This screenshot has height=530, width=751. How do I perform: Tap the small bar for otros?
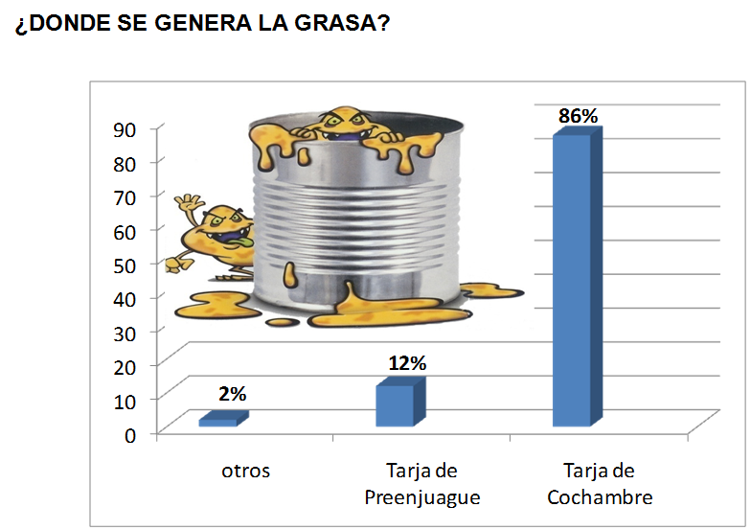coord(218,421)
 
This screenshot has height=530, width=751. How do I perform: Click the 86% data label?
coord(578,116)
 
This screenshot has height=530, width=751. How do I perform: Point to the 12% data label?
coord(407,363)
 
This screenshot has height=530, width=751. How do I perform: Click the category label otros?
coord(245,471)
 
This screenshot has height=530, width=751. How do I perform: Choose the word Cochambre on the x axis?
coord(600,497)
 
